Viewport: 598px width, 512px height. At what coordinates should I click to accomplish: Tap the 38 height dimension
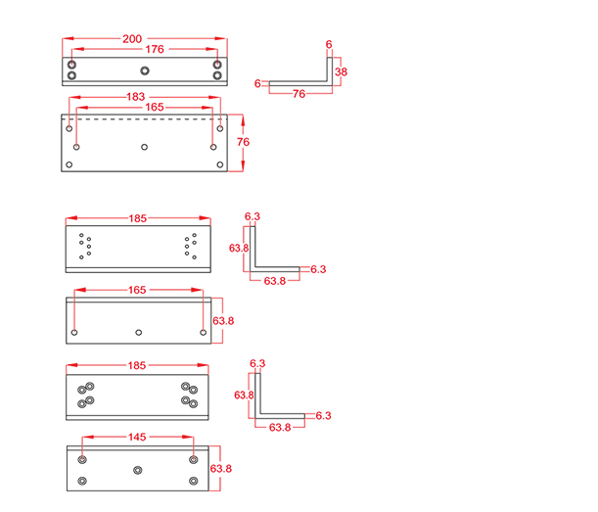(341, 71)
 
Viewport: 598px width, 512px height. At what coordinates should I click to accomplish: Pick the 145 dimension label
(138, 438)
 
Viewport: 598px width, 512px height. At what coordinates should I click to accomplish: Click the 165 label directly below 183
(144, 106)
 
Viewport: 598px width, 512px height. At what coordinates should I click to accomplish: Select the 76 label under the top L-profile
(299, 94)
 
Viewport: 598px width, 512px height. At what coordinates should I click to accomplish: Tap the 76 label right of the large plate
(244, 142)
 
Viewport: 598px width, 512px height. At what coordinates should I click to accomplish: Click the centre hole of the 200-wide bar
(145, 70)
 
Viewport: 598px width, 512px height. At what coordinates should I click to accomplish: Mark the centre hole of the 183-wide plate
(145, 147)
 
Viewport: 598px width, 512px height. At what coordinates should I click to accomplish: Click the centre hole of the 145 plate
(137, 470)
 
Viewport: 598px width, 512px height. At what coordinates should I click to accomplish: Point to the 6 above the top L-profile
(329, 45)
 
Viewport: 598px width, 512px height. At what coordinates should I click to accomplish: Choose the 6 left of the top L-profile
(257, 84)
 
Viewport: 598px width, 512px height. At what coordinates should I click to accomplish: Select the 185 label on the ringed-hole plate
(137, 365)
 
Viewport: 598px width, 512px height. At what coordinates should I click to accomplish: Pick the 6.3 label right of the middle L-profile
(317, 268)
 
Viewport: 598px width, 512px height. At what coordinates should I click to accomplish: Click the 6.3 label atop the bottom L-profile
(257, 363)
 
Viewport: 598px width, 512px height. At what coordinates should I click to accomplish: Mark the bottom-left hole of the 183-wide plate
(69, 164)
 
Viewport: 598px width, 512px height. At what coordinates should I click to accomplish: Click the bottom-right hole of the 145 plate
(194, 481)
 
